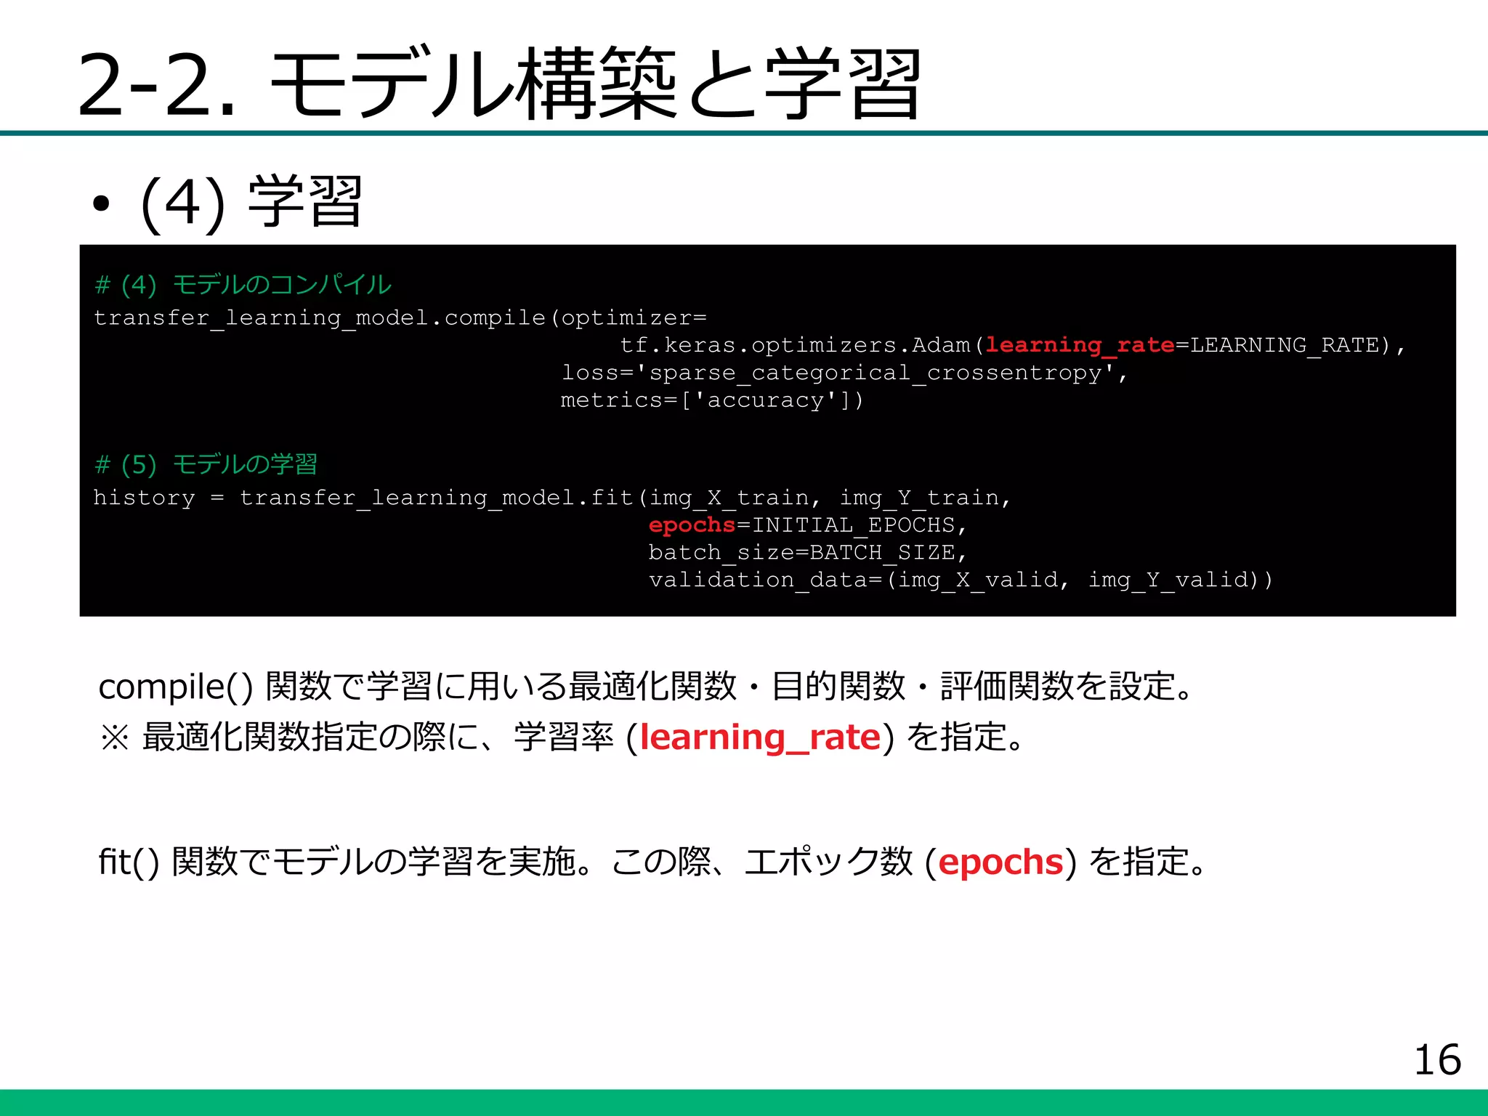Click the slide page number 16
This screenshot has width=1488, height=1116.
tap(1436, 1060)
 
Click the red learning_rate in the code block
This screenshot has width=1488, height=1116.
tap(1080, 345)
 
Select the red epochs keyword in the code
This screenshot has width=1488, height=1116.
tap(692, 525)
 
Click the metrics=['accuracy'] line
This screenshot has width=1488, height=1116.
tap(711, 400)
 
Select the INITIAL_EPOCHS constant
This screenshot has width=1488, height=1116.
tap(853, 525)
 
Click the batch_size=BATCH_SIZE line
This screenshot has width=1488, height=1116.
tap(807, 552)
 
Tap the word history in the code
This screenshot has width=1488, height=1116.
tap(144, 498)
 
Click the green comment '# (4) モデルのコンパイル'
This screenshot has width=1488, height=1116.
tap(243, 285)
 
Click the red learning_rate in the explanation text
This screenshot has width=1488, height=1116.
tap(760, 737)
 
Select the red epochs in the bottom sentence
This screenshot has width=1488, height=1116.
tap(1000, 862)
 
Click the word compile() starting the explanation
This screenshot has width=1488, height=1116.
tap(175, 687)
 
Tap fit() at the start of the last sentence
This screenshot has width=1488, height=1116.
tap(129, 862)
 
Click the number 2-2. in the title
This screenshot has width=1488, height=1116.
tap(156, 85)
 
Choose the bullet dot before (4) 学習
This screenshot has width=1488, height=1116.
tap(101, 205)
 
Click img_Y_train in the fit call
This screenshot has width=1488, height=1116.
tap(919, 498)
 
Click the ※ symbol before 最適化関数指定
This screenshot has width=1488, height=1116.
tap(114, 738)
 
